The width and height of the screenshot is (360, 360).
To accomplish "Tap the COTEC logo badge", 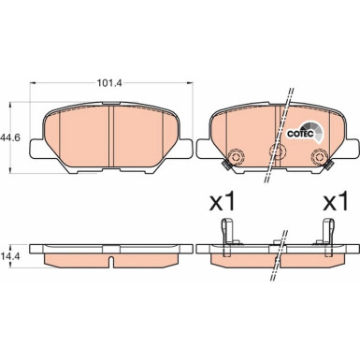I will (x=309, y=133).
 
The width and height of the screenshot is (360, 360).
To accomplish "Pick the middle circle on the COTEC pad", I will (x=276, y=151).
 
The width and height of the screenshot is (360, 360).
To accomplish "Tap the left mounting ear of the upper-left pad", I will (x=35, y=147).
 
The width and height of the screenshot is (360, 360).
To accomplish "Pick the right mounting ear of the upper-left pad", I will (x=186, y=147).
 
